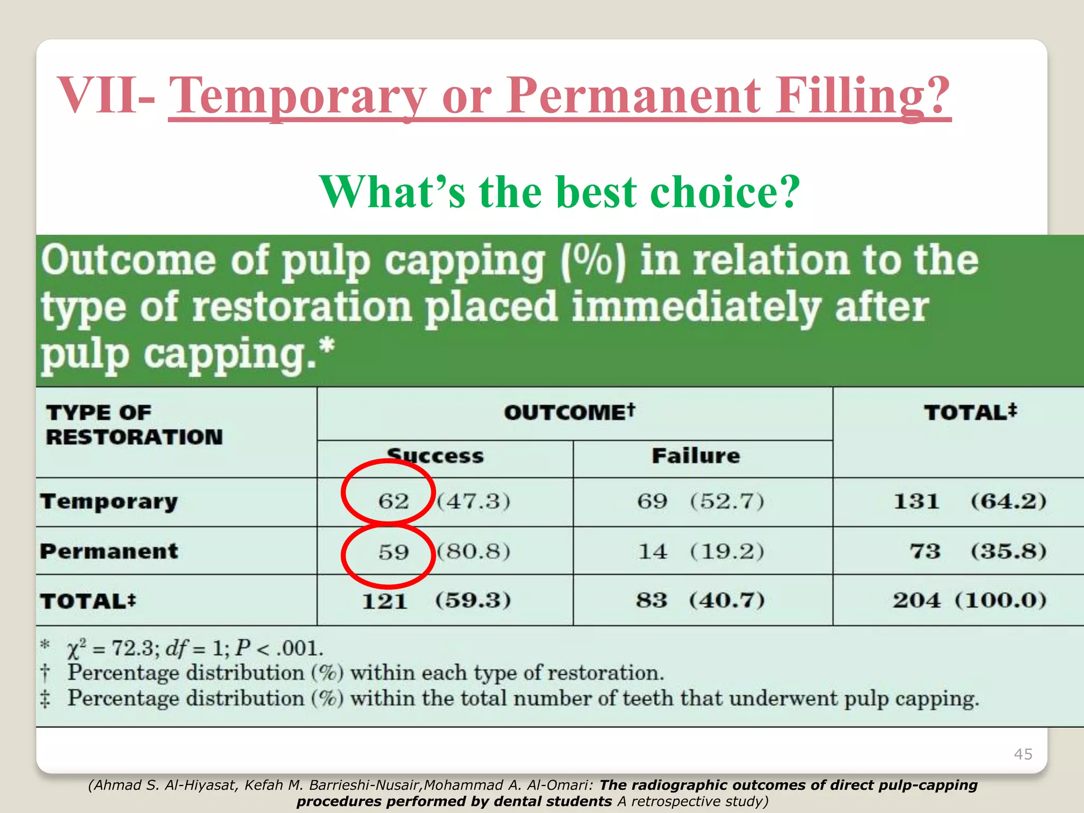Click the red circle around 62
click(388, 492)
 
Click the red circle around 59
click(388, 555)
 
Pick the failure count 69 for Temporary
click(652, 501)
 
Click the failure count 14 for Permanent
click(653, 552)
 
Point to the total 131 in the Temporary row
click(917, 501)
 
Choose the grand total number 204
click(917, 600)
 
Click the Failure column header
click(695, 456)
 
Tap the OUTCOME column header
click(569, 412)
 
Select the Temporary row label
click(109, 501)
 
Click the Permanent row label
click(109, 551)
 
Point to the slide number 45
click(1023, 754)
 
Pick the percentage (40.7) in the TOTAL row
click(727, 600)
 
